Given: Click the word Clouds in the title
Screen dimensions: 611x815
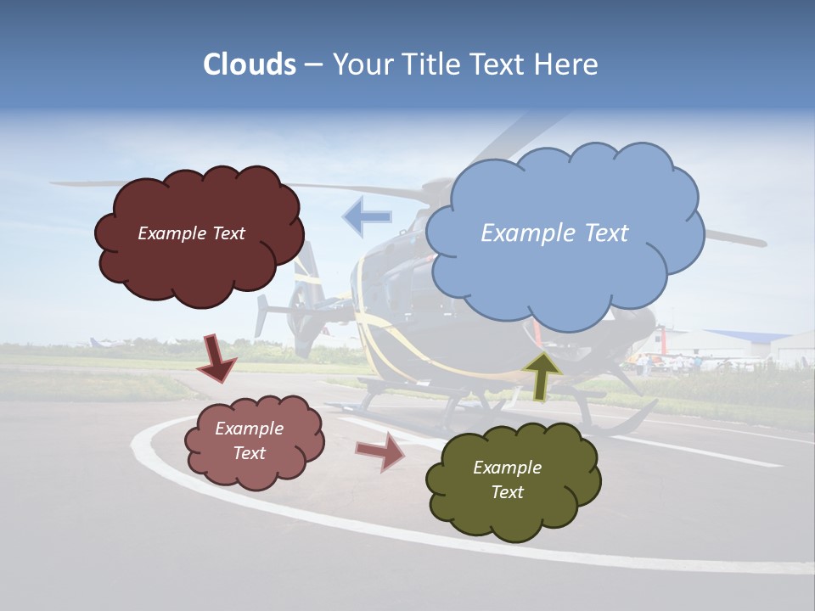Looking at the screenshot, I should [x=250, y=64].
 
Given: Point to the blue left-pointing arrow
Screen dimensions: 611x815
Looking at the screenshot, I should [x=367, y=216].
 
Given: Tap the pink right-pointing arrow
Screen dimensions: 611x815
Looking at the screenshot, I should [x=380, y=451].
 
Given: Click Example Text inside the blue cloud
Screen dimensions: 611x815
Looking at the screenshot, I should [x=554, y=233].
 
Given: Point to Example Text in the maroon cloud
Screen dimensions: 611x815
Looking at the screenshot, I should [x=191, y=233].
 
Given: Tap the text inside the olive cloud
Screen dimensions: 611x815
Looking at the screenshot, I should [x=507, y=479].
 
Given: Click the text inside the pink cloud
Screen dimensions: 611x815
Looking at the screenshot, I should [x=249, y=440].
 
